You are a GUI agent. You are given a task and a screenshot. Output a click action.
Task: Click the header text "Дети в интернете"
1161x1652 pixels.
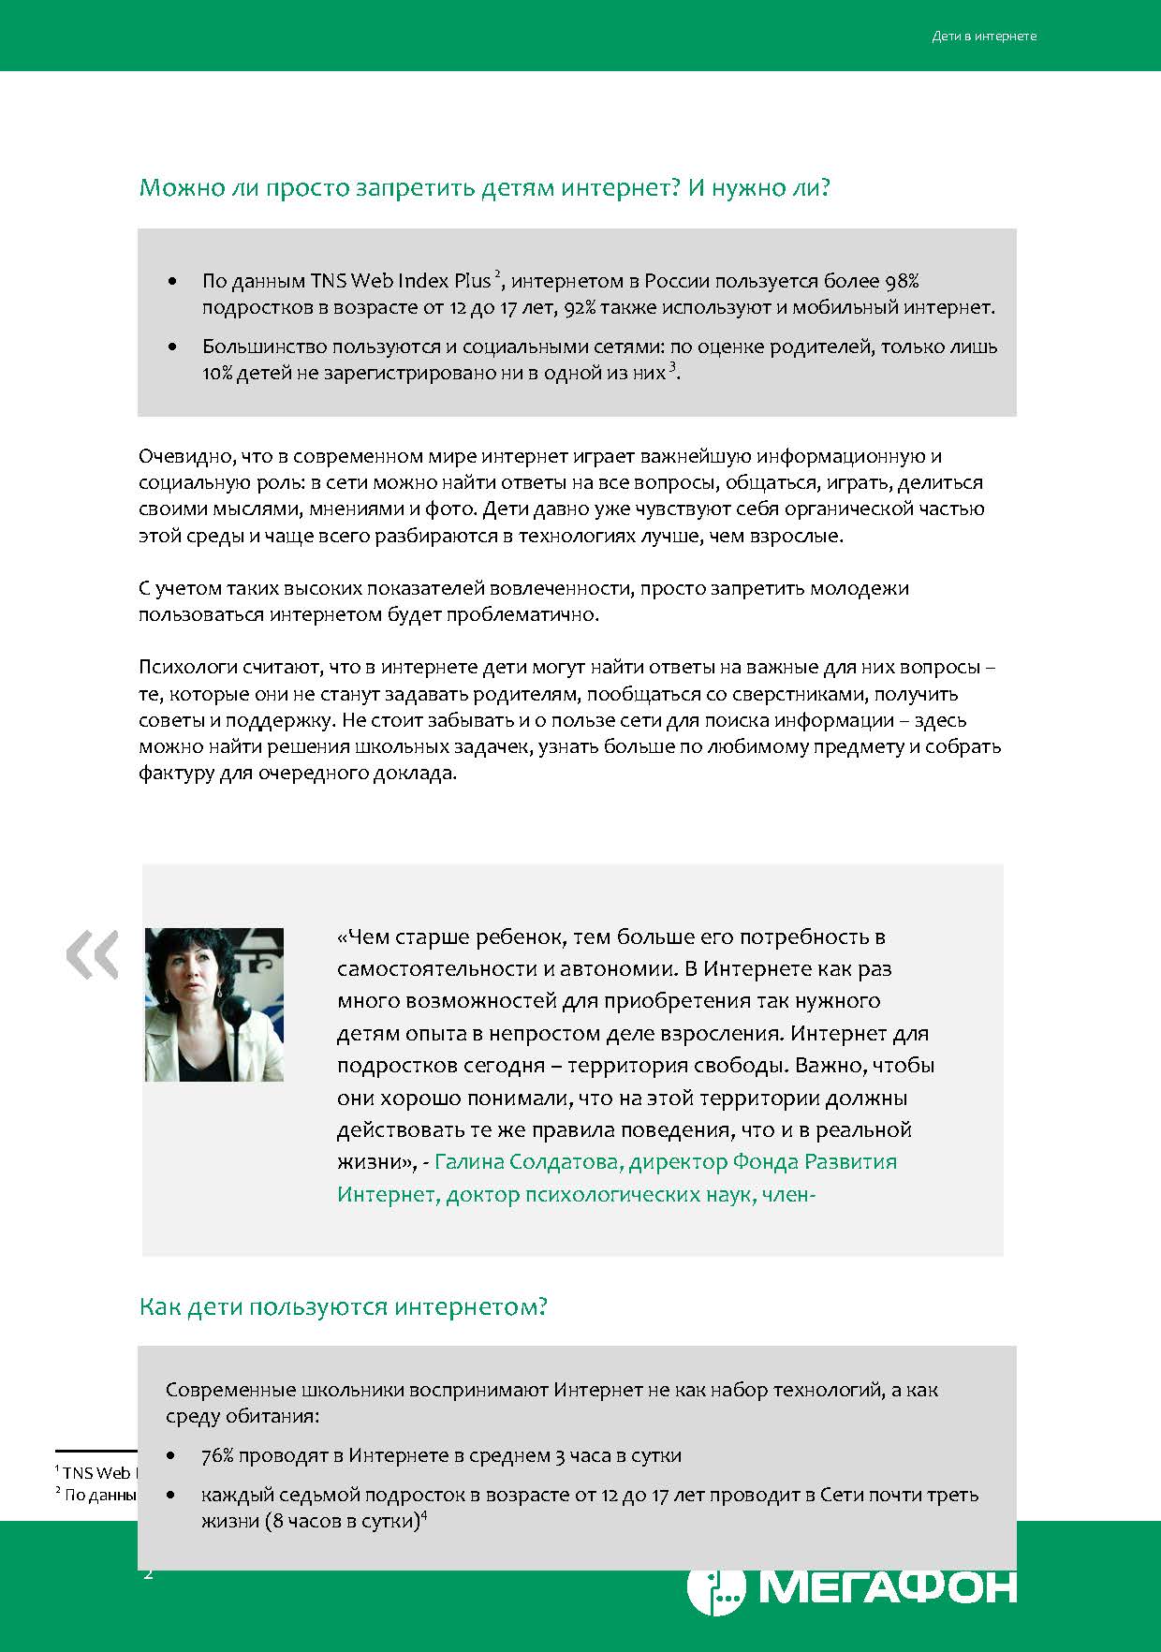(x=984, y=37)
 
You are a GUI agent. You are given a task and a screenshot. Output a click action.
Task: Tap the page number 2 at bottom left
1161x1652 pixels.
(x=148, y=1573)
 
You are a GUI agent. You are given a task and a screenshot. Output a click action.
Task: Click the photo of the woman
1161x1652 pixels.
(x=214, y=1004)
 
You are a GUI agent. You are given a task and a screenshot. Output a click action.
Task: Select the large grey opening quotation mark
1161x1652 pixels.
(x=93, y=954)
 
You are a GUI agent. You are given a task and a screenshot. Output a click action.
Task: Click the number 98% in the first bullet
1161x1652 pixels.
(x=902, y=281)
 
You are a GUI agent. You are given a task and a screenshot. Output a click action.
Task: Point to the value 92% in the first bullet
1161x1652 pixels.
(x=571, y=307)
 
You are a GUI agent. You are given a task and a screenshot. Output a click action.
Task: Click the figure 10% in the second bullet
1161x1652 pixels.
(x=216, y=373)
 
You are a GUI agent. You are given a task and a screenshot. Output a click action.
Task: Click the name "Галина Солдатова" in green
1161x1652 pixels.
(x=527, y=1162)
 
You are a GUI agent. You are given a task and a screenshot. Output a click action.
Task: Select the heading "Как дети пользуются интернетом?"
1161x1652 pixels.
(x=343, y=1306)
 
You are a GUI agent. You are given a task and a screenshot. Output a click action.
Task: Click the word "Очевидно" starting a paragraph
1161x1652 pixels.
(x=184, y=457)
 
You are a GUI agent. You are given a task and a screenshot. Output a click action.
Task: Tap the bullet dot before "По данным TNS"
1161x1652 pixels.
(x=171, y=281)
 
